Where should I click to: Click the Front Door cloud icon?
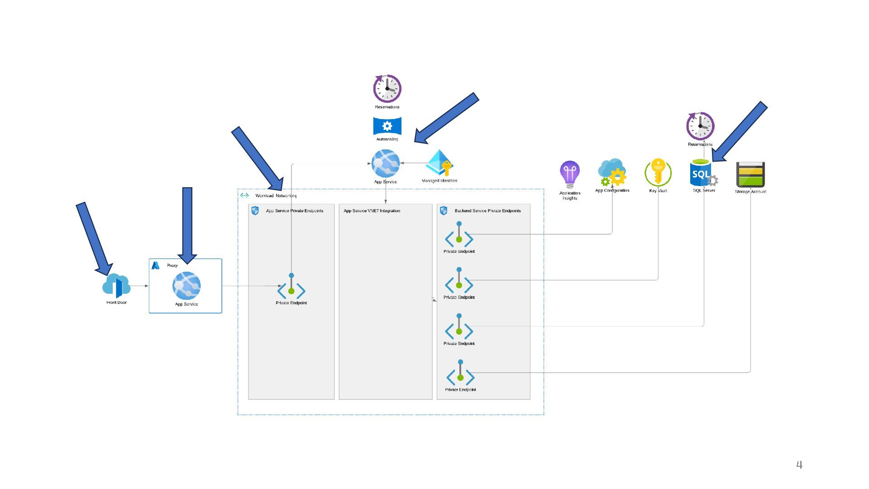(x=116, y=286)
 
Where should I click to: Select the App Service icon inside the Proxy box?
(x=186, y=286)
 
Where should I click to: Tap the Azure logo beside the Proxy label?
(x=155, y=265)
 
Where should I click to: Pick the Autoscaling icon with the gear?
(x=387, y=126)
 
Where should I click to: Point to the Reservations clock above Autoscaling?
(x=387, y=89)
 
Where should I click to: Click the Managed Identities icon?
(x=439, y=163)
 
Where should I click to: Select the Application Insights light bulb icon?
(x=570, y=174)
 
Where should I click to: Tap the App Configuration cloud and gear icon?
(x=612, y=173)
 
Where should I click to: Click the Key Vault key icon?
(x=658, y=173)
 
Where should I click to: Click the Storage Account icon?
(x=750, y=175)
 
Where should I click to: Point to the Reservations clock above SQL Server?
(x=700, y=126)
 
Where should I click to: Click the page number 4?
(x=799, y=465)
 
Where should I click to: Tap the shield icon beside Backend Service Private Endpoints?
(x=444, y=211)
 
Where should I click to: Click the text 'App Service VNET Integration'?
(x=372, y=211)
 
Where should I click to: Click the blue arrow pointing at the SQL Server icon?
(x=740, y=132)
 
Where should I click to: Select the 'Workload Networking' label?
(x=276, y=196)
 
